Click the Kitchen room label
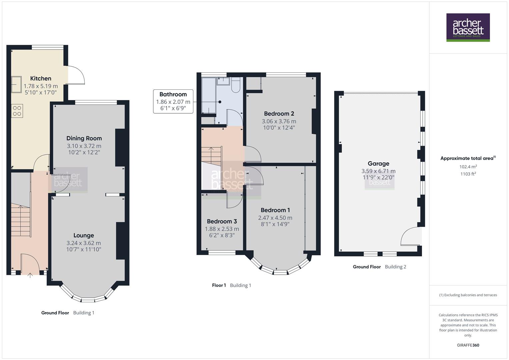point(41,78)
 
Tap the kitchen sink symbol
point(16,85)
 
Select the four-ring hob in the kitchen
point(17,111)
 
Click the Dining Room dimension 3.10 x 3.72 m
point(84,146)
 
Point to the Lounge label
point(84,235)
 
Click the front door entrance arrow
point(30,275)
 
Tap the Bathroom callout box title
point(173,94)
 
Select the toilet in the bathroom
point(236,85)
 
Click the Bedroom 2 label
point(279,114)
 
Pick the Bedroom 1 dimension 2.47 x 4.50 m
point(275,218)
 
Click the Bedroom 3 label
point(222,221)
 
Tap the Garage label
point(378,163)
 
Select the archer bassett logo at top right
point(468,27)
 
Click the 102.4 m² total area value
point(468,167)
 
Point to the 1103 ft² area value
point(468,174)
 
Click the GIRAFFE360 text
point(468,345)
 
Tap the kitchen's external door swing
point(76,75)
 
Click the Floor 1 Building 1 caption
point(231,285)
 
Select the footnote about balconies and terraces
point(468,295)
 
